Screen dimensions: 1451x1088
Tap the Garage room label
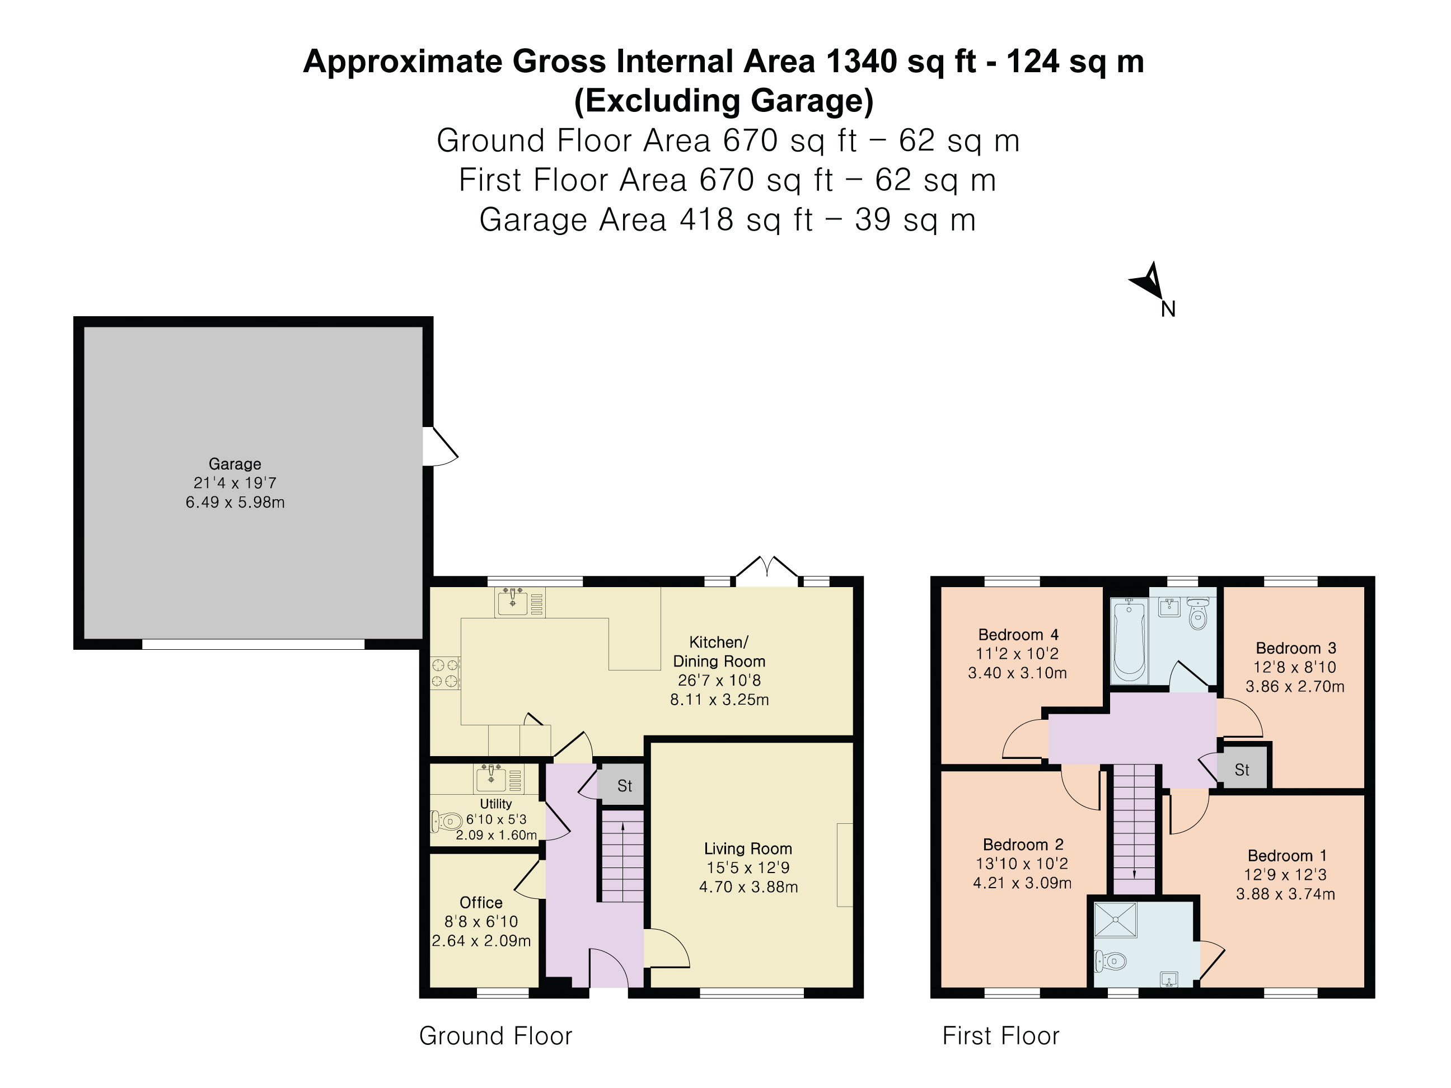coord(235,463)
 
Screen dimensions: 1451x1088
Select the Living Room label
coord(748,848)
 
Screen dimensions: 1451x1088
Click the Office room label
coord(481,902)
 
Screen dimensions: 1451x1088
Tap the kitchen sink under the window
coord(512,602)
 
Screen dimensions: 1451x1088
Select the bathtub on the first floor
coord(1129,641)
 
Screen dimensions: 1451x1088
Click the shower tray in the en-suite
coord(1115,920)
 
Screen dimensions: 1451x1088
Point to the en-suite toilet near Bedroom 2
coord(1110,962)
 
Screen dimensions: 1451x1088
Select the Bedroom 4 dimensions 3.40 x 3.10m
coord(1017,673)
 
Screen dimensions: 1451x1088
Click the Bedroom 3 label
coord(1295,648)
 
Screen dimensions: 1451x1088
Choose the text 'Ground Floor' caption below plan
coord(496,1035)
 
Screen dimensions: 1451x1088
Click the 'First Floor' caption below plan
coord(1001,1035)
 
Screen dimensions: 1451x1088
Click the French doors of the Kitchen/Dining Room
coord(767,570)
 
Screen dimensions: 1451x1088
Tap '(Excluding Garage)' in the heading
coord(723,100)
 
